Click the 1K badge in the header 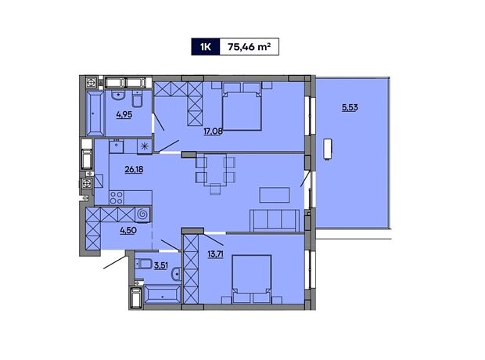pos(206,47)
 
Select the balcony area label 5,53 pos(350,107)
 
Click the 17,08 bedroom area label pos(213,131)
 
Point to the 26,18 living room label pos(134,169)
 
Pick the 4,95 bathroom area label pos(124,114)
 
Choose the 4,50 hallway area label pos(128,230)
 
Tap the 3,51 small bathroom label pos(161,265)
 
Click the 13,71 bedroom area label pos(215,254)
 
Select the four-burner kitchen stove pos(117,197)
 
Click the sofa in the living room pos(275,221)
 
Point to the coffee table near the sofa pos(275,195)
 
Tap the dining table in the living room pos(215,170)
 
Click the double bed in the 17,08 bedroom pos(242,106)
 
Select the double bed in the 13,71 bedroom pos(252,278)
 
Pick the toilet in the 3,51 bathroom pos(143,264)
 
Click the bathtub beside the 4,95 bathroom pos(95,113)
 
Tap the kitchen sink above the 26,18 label pos(117,146)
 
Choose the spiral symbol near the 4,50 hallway pos(142,214)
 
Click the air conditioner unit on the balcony pos(327,149)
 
